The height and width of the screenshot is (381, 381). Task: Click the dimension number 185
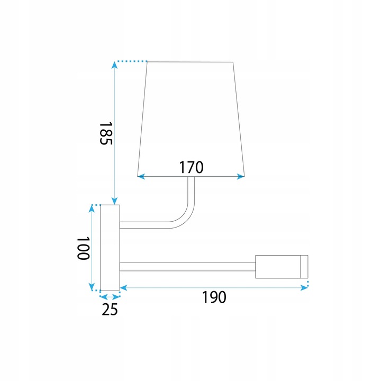[x=106, y=133]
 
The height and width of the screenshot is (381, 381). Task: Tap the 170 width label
[x=191, y=167]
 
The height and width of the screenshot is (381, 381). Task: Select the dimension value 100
[x=84, y=249]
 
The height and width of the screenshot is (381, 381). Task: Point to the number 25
[x=110, y=310]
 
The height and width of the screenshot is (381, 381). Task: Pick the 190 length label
[x=214, y=297]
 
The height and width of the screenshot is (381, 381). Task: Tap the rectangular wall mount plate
[x=110, y=248]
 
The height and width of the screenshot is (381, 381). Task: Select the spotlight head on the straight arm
[x=282, y=267]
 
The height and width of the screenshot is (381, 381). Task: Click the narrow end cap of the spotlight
[x=304, y=267]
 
